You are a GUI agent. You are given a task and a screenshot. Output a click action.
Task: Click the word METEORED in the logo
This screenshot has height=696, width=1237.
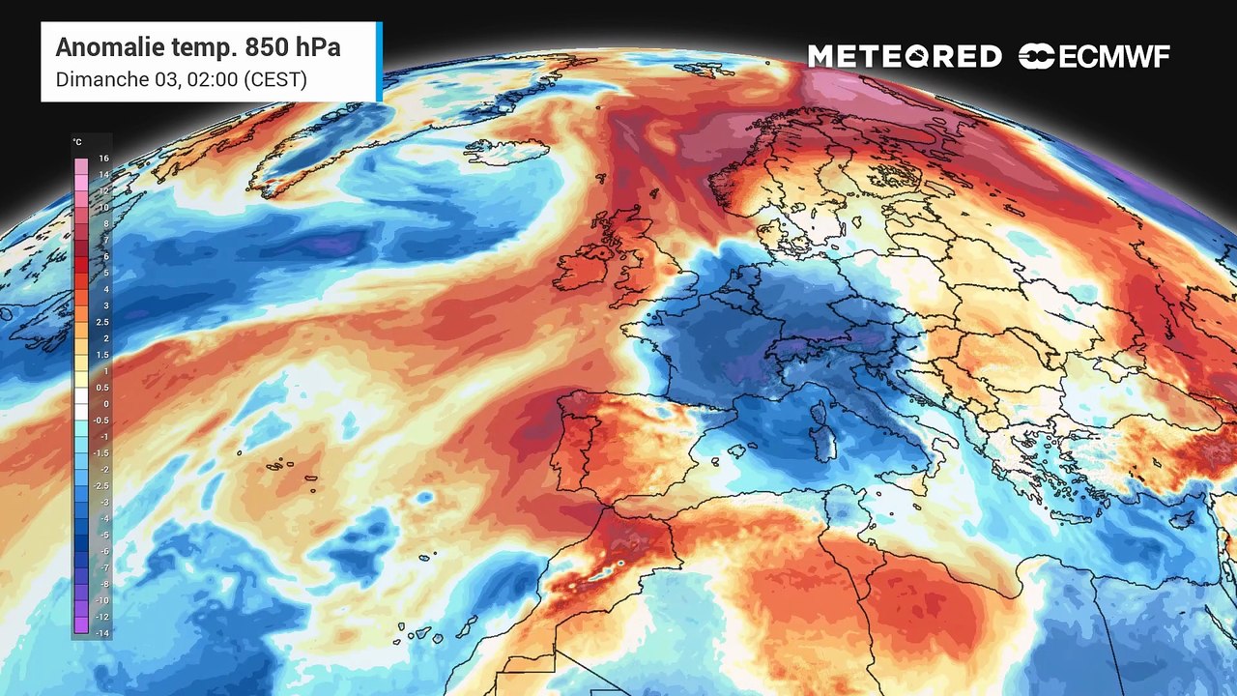(x=905, y=57)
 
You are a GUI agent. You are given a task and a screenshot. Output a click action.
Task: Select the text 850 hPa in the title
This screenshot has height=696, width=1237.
(x=293, y=47)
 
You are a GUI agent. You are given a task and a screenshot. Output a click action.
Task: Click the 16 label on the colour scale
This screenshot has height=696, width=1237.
(x=103, y=158)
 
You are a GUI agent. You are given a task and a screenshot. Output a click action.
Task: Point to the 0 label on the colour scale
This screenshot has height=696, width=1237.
(x=105, y=404)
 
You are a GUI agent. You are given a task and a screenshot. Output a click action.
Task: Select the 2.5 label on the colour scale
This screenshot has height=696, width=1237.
(x=103, y=322)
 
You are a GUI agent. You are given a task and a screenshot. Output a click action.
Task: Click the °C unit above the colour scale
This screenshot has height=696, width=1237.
(x=77, y=142)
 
